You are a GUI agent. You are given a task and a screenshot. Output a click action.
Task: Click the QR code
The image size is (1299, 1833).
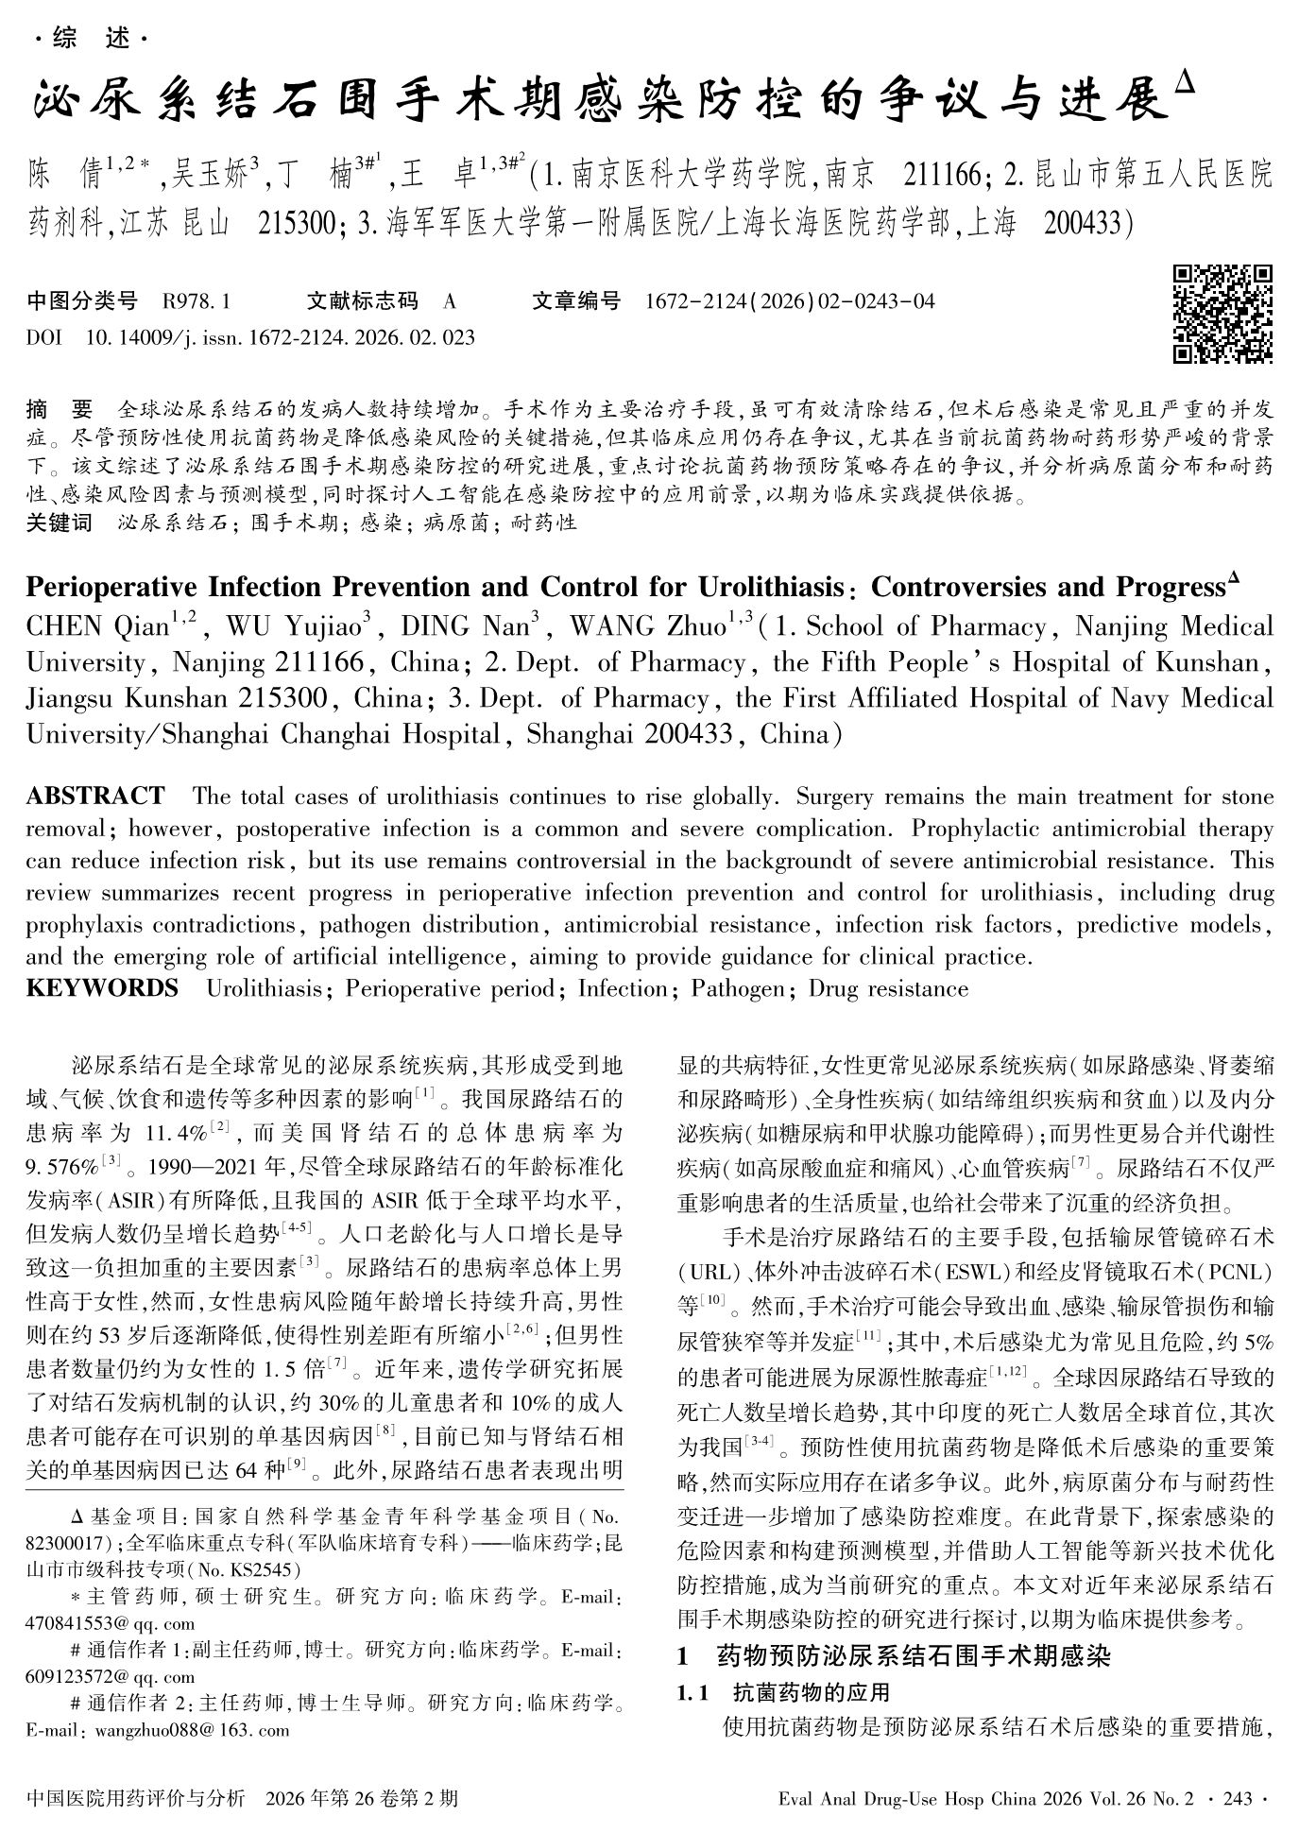(1222, 314)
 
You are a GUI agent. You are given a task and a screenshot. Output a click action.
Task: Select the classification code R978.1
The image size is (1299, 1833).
(197, 301)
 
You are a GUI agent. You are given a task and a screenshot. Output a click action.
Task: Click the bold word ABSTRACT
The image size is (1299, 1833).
(94, 796)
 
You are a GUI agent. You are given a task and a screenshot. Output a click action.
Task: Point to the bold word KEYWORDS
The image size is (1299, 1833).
(102, 988)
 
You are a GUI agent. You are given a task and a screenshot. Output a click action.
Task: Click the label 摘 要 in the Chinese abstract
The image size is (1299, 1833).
(60, 410)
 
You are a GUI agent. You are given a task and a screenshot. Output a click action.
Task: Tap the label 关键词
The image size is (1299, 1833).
(60, 522)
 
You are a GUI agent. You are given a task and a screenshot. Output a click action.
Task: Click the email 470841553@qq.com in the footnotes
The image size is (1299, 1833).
(111, 1623)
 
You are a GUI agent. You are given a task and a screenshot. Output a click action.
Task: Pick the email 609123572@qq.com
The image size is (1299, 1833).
(111, 1677)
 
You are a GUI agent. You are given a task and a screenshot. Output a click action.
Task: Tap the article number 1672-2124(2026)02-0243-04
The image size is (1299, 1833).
(789, 301)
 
